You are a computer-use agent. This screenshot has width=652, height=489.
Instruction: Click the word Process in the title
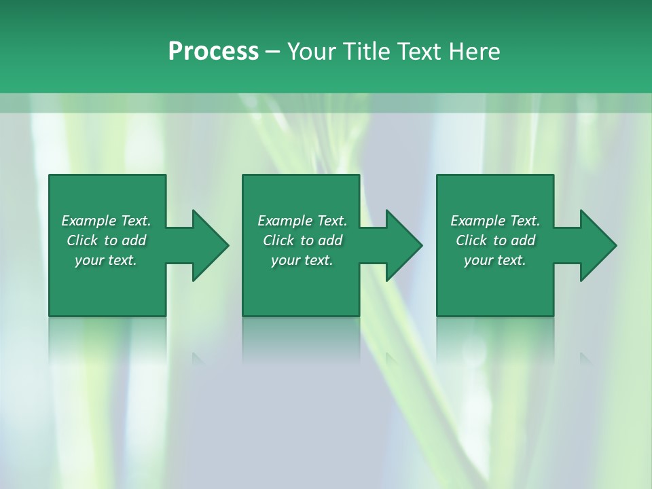213,52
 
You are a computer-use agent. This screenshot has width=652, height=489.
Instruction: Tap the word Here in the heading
473,52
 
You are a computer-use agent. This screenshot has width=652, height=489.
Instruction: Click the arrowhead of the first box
210,245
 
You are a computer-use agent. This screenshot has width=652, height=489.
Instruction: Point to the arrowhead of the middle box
403,245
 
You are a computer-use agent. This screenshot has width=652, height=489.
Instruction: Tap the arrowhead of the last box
598,245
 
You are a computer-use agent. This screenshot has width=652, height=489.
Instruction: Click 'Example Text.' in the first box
106,221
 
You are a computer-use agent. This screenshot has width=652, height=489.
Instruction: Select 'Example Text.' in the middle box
302,221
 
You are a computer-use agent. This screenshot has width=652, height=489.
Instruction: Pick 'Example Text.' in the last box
495,221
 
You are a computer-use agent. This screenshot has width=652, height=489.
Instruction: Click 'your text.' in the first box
106,260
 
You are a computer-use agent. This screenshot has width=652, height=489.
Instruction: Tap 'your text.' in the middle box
302,260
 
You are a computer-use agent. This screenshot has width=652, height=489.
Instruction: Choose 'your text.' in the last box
495,260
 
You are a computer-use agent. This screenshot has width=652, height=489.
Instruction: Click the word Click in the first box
82,240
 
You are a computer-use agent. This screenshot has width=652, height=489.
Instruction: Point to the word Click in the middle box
278,240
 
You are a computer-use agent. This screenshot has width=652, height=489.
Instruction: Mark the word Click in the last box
471,240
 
